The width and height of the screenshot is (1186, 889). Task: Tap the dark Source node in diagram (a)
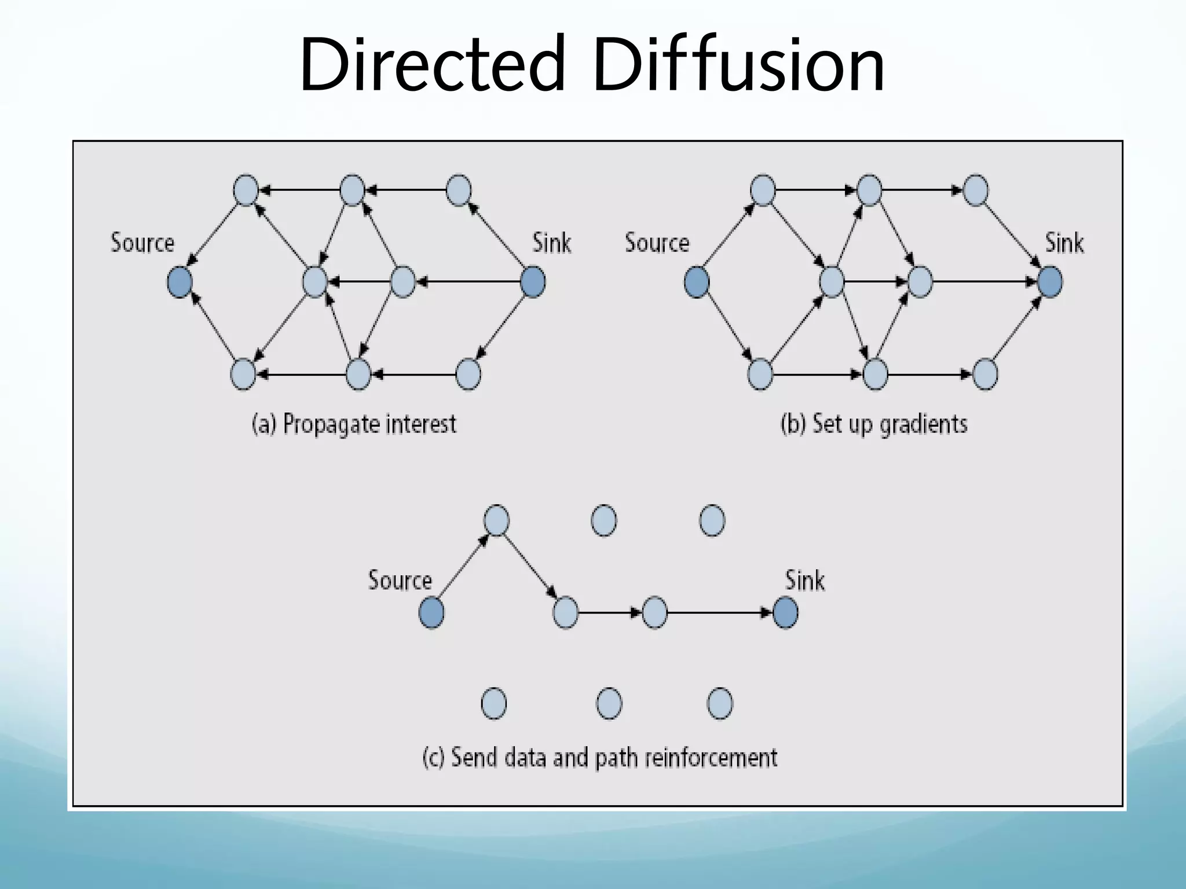tap(180, 282)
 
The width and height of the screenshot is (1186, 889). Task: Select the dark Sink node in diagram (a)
tap(533, 282)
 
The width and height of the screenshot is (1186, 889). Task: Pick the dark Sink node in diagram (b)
tap(1050, 282)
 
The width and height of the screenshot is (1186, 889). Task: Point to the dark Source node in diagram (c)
tap(431, 613)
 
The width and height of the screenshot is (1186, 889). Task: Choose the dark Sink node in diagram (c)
tap(785, 613)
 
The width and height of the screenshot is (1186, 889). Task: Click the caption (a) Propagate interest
tap(354, 424)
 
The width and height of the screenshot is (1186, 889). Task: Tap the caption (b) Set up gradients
tap(874, 424)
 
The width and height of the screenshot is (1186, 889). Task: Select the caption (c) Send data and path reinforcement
tap(600, 758)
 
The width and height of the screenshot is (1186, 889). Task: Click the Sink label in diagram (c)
tap(804, 581)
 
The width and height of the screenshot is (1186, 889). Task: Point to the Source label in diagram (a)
tap(142, 243)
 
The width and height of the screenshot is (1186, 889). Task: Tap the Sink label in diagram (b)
tap(1064, 243)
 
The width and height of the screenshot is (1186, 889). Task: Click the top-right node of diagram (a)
tap(459, 190)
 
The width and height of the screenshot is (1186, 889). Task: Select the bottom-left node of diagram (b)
tap(760, 374)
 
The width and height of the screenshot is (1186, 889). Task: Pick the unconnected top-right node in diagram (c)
tap(712, 520)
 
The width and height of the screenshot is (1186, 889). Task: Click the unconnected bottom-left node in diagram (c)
tap(494, 704)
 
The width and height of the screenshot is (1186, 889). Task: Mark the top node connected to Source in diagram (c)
tap(496, 520)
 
